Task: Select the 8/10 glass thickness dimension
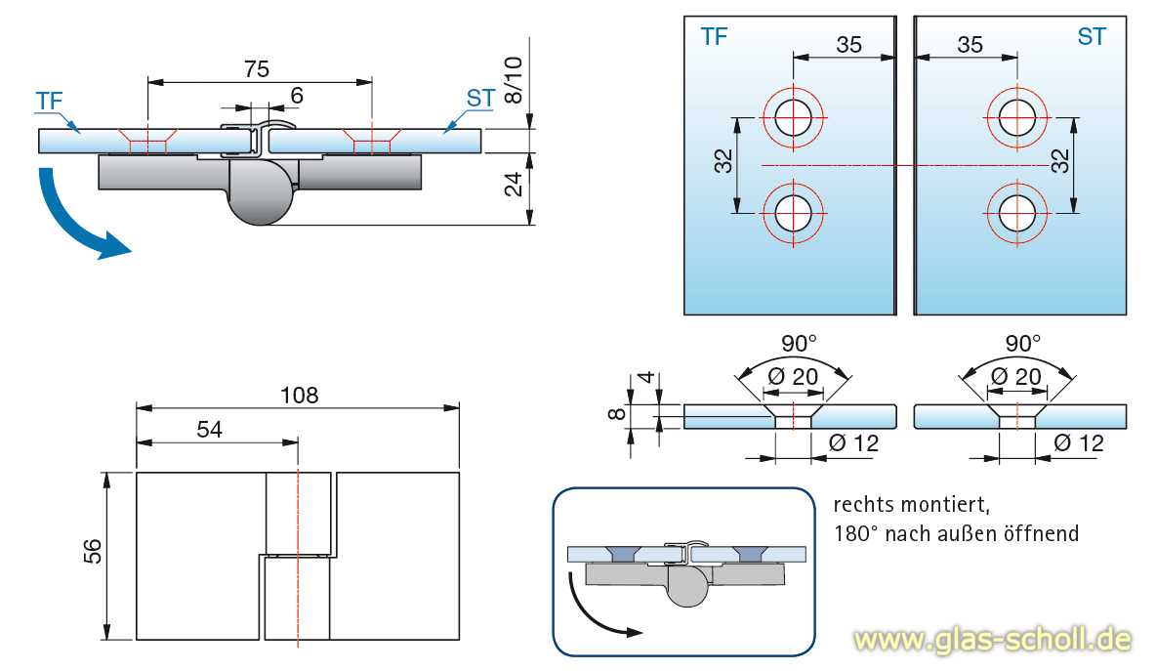tap(513, 81)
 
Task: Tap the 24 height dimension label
tap(513, 183)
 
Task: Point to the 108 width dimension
tap(300, 395)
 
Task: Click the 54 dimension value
tap(207, 431)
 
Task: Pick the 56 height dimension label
tap(92, 557)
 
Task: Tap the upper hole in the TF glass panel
tap(794, 117)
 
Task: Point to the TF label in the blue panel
tap(714, 37)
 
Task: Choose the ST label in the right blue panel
tap(1092, 37)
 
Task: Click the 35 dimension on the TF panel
tap(849, 44)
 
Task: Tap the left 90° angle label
tap(800, 344)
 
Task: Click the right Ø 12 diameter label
tap(1078, 442)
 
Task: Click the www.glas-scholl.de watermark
tap(992, 640)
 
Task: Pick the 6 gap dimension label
tap(297, 95)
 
